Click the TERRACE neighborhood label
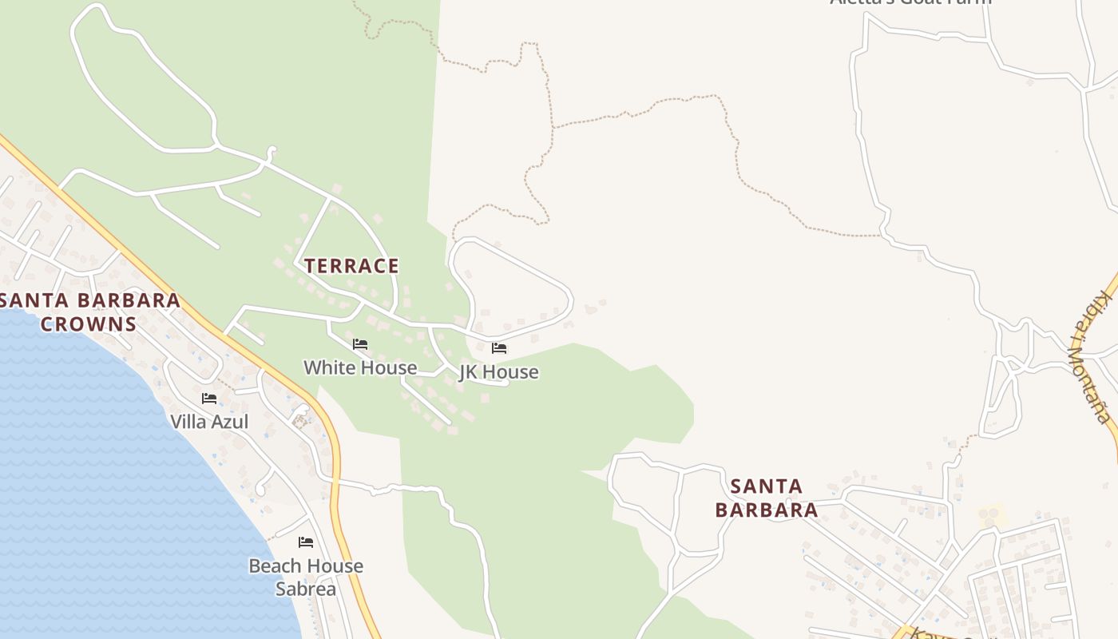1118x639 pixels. [351, 266]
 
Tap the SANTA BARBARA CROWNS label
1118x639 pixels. [89, 312]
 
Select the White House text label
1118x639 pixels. [360, 367]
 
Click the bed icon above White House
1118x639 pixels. [360, 344]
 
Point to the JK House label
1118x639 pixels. [498, 371]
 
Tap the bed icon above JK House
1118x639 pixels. [499, 347]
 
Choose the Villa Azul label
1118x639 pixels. [209, 421]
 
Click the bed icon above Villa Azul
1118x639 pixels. [209, 398]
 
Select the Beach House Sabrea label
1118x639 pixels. [306, 577]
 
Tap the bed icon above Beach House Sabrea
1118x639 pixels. [306, 542]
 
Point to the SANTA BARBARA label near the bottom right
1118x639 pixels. [767, 498]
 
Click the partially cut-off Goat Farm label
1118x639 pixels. [910, 2]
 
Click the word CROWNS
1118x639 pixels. [89, 324]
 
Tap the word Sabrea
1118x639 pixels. [306, 589]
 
